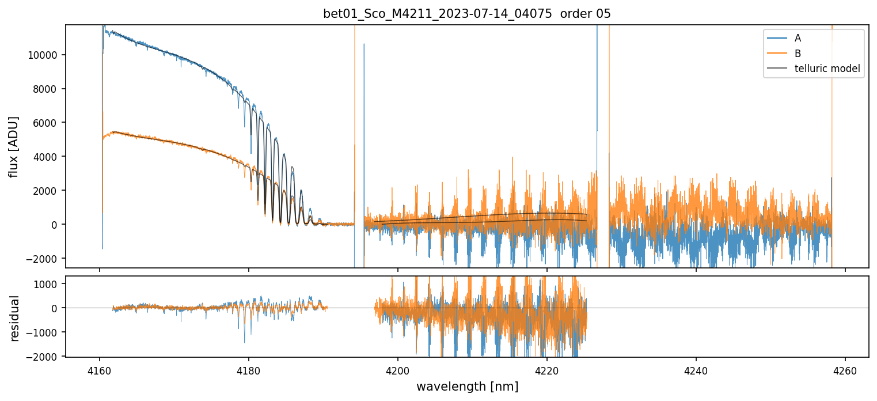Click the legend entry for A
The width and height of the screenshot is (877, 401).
(798, 38)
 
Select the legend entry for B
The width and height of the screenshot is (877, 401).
(798, 54)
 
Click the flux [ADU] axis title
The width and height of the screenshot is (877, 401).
(14, 146)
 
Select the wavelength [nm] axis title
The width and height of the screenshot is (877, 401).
(467, 387)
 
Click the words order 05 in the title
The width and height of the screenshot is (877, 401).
(586, 14)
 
